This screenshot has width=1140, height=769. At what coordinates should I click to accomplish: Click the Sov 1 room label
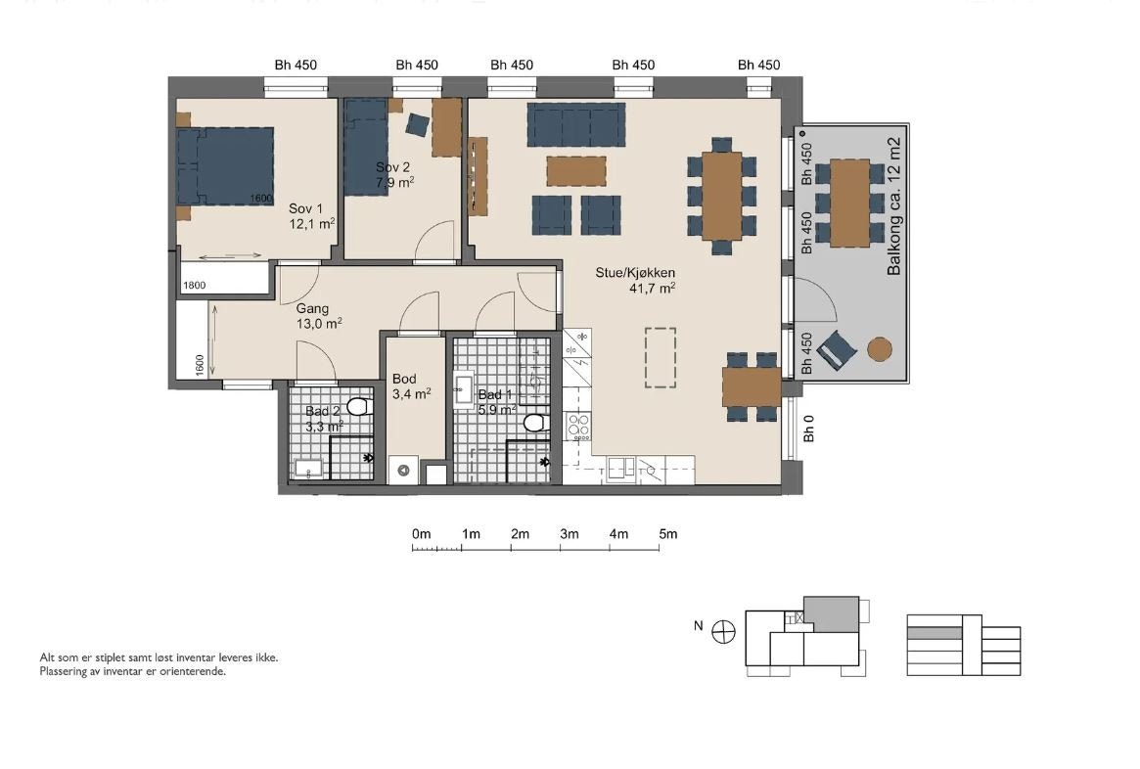[x=305, y=208]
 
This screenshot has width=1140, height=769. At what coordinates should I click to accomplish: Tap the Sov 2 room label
[x=392, y=168]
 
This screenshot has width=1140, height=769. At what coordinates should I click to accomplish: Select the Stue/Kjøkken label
[x=635, y=273]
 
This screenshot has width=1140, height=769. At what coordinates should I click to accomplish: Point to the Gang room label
[x=312, y=309]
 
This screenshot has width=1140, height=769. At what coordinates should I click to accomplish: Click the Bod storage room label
[x=404, y=379]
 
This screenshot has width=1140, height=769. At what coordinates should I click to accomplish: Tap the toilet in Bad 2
[x=359, y=406]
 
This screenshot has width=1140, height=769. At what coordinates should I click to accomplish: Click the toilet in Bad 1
[x=537, y=423]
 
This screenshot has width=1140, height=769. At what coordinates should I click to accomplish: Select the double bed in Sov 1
[x=225, y=166]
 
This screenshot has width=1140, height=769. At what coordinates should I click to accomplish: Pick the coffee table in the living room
[x=576, y=171]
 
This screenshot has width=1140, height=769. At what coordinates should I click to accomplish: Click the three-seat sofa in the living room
[x=575, y=125]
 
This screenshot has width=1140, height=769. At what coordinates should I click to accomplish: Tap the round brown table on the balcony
[x=880, y=349]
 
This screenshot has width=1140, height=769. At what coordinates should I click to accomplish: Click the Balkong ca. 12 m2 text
[x=894, y=206]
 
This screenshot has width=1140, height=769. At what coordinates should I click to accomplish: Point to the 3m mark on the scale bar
[x=570, y=534]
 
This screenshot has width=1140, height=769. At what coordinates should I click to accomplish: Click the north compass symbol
[x=723, y=632]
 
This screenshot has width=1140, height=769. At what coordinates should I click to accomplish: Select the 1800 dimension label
[x=194, y=286]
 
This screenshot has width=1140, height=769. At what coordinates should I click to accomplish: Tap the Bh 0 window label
[x=809, y=429]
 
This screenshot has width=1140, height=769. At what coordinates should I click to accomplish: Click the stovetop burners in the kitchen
[x=578, y=428]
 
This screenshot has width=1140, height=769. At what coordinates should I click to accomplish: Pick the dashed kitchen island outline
[x=661, y=358]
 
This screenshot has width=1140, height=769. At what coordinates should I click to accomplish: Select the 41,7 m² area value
[x=652, y=289]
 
